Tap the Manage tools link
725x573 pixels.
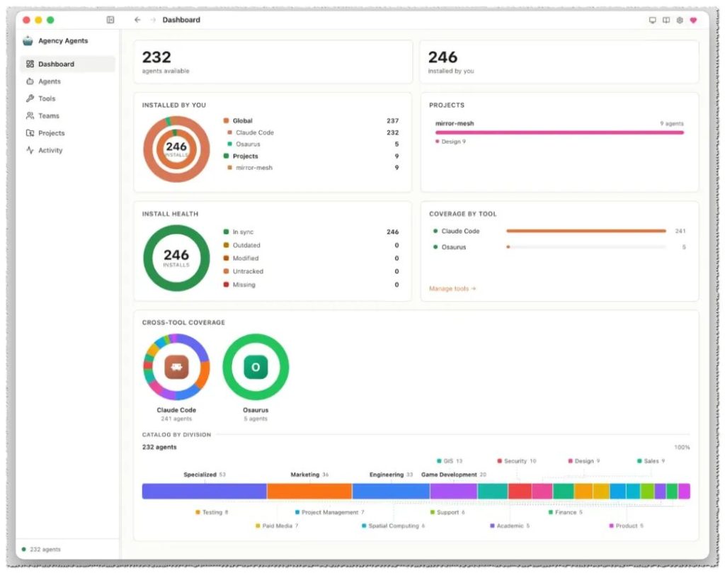tap(452, 288)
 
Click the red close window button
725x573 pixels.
tap(26, 20)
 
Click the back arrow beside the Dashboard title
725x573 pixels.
tap(137, 20)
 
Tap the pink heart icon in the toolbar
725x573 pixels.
tap(693, 20)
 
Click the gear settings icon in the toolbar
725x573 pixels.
tap(680, 20)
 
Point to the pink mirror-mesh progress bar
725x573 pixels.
tap(559, 132)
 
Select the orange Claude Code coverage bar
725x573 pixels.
tap(586, 231)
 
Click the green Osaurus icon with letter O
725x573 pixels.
tap(256, 367)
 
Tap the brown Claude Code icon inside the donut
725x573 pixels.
tap(176, 367)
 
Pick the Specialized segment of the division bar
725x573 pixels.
tap(205, 491)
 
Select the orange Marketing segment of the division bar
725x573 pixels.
tap(309, 491)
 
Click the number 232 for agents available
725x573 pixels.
tap(156, 57)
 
